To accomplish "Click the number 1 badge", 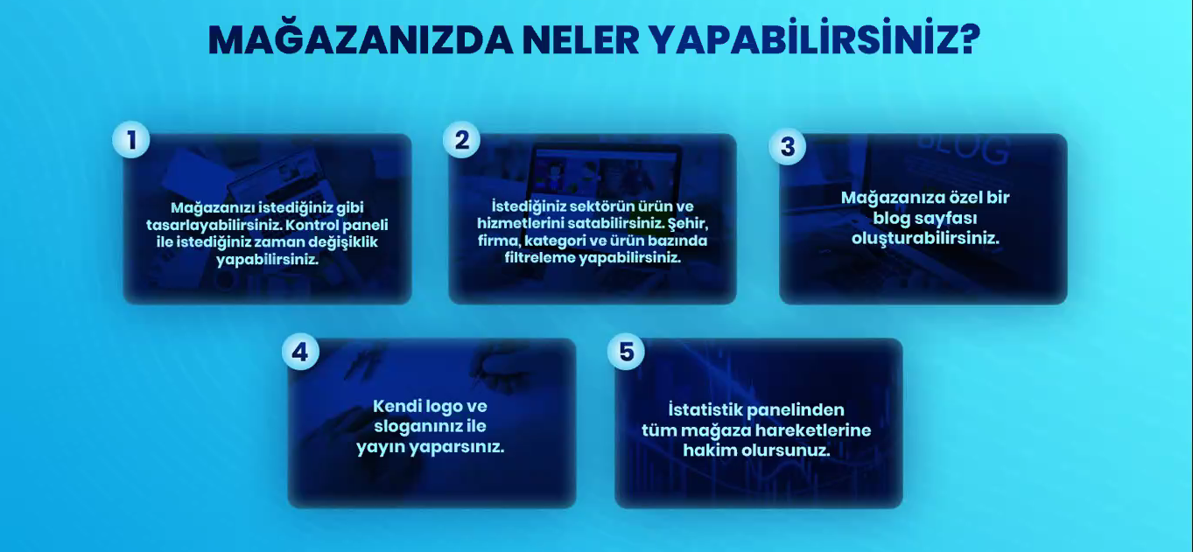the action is click(131, 140).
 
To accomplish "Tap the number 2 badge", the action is click(462, 140).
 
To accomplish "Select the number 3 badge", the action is click(787, 146).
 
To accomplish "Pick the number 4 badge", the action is click(300, 352).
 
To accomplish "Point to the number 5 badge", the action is click(627, 352).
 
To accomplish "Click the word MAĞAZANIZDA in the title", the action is click(360, 39).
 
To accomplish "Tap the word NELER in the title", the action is click(580, 40).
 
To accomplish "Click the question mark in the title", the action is click(966, 39).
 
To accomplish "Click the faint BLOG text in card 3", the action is click(964, 149).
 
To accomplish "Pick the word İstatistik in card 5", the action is click(704, 410).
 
